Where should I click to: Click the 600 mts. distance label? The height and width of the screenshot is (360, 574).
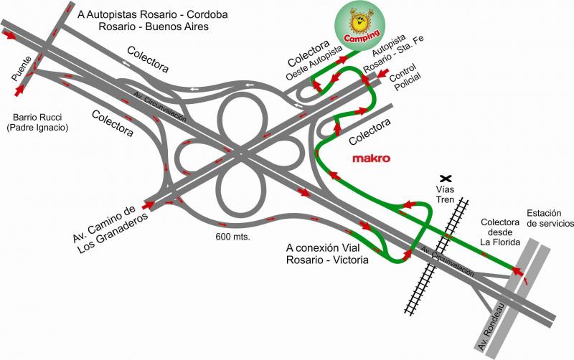232,236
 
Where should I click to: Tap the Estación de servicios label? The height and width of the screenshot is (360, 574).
550,218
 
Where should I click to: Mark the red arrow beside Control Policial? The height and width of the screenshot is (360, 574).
383,72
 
